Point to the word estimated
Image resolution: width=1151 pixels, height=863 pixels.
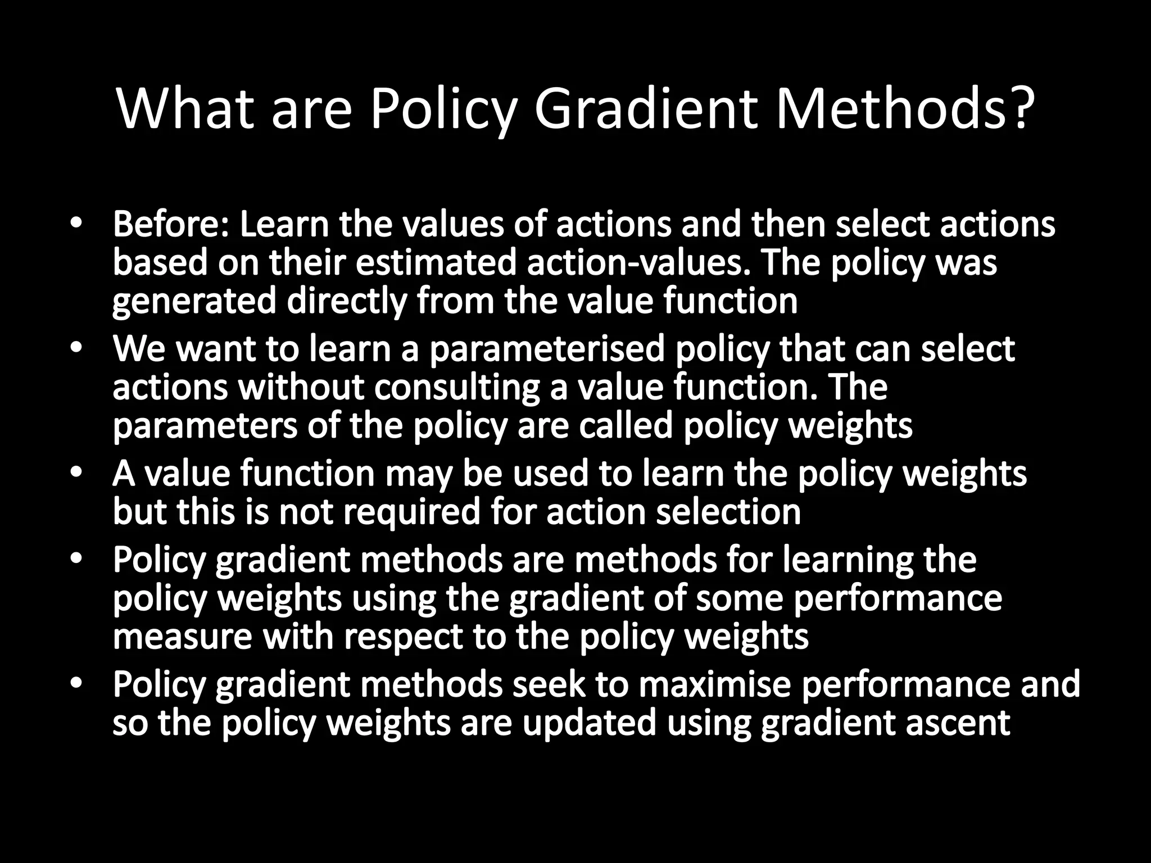pos(436,262)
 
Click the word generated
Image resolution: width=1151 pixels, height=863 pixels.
pos(194,301)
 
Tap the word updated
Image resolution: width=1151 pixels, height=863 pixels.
pos(589,723)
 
